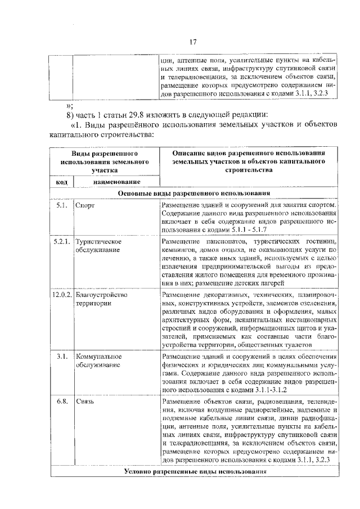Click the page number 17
[191, 42]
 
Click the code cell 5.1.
[62, 206]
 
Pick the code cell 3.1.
[62, 357]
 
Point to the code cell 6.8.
[62, 402]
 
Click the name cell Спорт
[85, 206]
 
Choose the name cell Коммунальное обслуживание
[98, 361]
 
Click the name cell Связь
[85, 402]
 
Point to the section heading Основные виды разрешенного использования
[194, 193]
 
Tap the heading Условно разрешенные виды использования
[194, 471]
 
